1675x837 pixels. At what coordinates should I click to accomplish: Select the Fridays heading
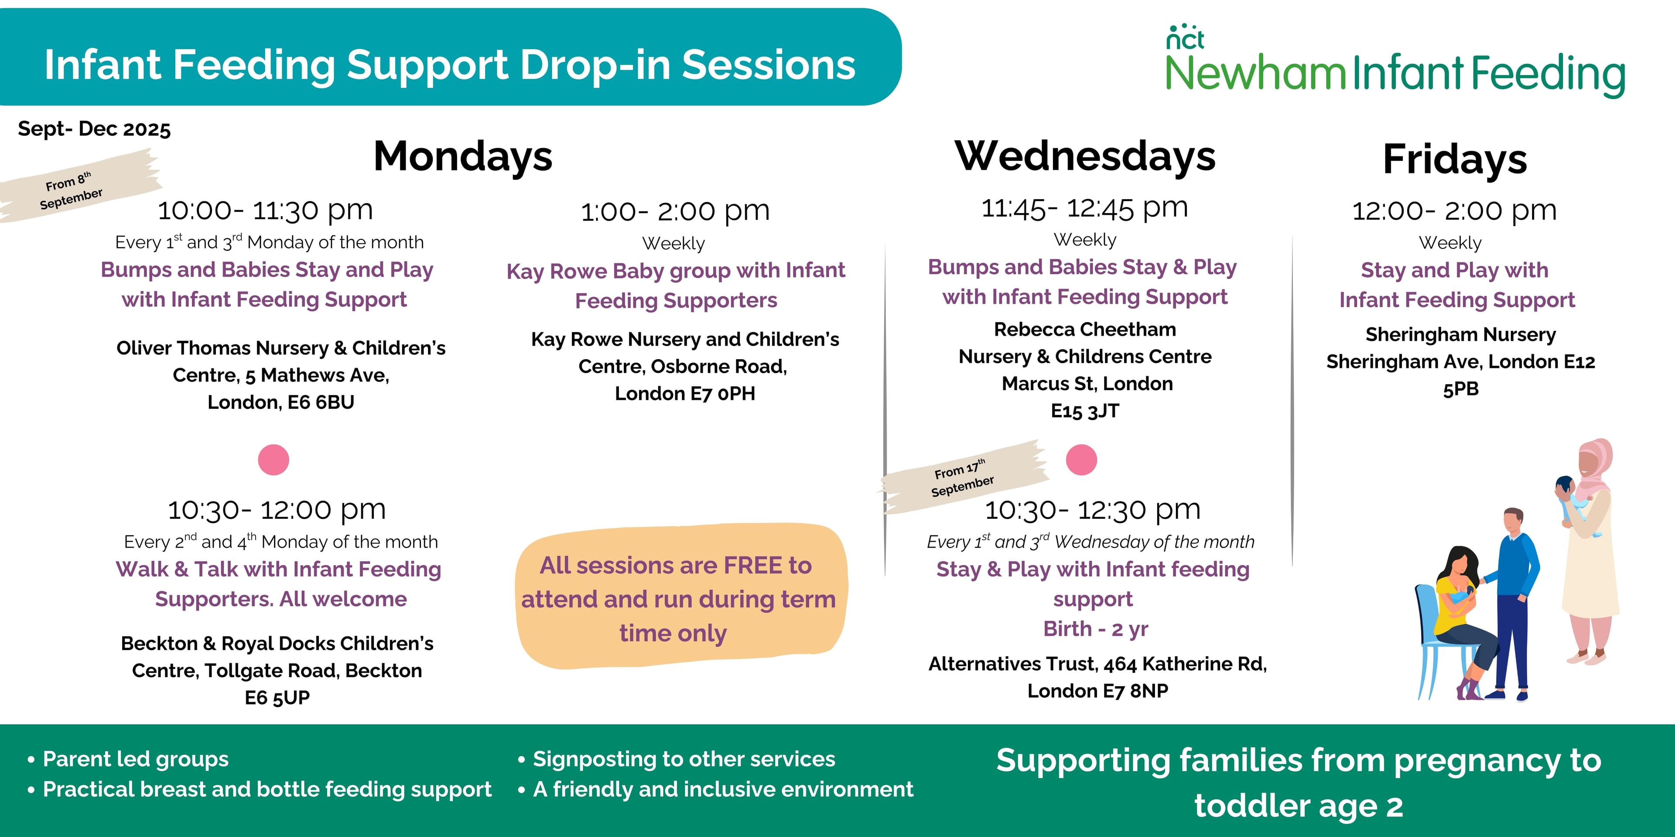[1455, 159]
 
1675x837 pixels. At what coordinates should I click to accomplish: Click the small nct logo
[1185, 37]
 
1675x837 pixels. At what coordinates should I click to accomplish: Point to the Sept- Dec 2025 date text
[94, 129]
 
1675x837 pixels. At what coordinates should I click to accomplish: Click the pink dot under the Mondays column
[273, 460]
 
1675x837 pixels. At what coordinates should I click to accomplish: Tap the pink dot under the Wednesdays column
[1081, 460]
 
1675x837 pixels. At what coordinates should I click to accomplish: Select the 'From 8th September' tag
[72, 190]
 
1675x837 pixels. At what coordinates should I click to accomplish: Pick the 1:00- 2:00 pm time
[675, 211]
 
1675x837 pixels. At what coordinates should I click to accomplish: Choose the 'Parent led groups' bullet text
[135, 759]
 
